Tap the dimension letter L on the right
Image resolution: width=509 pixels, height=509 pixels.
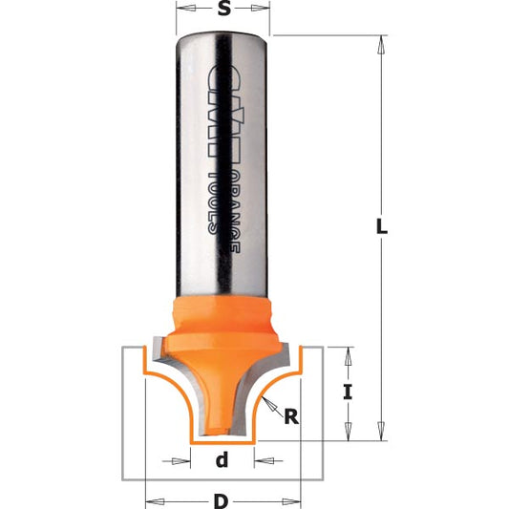[381, 228]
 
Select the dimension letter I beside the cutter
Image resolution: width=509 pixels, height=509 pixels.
[350, 390]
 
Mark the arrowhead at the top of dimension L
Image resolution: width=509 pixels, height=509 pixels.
[381, 44]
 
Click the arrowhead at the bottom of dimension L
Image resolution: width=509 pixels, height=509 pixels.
[381, 435]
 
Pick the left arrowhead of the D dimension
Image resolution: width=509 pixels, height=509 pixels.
[150, 498]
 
